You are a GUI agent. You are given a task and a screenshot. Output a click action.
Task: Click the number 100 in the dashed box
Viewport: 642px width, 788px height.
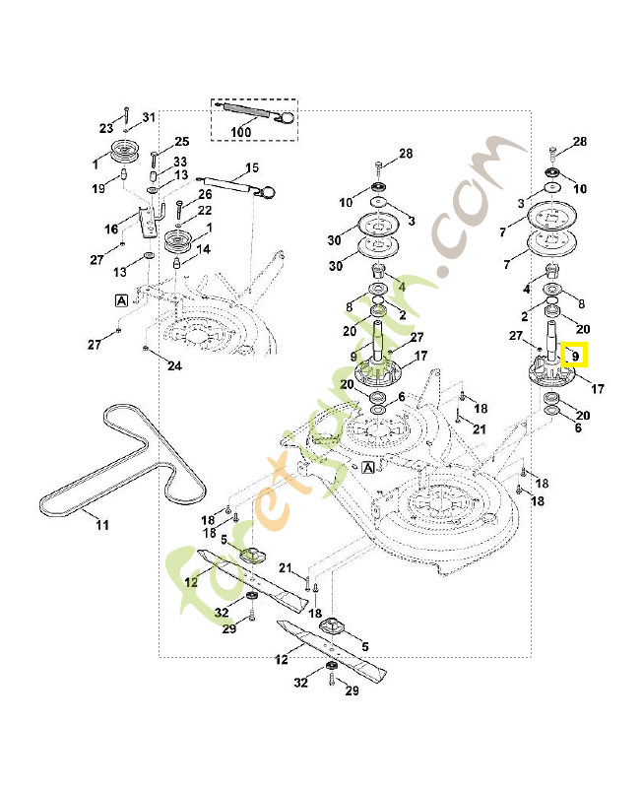click(x=240, y=132)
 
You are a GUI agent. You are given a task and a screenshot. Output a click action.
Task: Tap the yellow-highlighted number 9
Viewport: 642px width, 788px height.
click(x=575, y=357)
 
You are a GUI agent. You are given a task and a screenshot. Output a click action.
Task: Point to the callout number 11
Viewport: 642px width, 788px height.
click(x=102, y=525)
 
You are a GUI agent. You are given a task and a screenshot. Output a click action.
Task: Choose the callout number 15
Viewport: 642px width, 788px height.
click(x=252, y=167)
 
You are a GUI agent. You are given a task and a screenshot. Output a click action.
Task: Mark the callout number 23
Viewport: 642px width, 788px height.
click(x=106, y=129)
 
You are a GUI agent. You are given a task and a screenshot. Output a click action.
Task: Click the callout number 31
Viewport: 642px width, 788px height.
click(x=149, y=117)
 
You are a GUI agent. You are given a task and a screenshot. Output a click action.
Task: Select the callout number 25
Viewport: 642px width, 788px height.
click(x=182, y=142)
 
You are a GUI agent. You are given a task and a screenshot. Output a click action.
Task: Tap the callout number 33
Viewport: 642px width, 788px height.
click(x=180, y=162)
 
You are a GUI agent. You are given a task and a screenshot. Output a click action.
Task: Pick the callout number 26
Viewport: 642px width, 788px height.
click(x=205, y=194)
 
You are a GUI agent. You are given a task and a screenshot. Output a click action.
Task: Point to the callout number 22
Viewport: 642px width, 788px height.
click(x=205, y=211)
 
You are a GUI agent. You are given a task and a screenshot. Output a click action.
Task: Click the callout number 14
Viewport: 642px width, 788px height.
click(x=204, y=249)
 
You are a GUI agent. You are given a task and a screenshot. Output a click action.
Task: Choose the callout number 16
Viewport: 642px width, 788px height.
click(x=111, y=230)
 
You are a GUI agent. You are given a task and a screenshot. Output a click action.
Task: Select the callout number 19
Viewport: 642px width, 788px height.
click(x=98, y=188)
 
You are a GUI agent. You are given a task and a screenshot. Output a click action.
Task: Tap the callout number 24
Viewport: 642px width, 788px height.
click(x=174, y=365)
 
